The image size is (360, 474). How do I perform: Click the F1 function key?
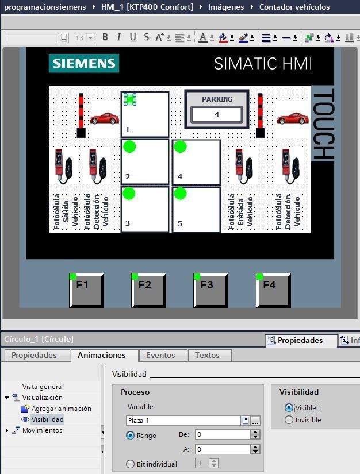click(x=86, y=290)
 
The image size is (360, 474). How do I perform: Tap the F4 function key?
click(x=273, y=290)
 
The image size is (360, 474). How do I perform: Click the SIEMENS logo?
click(x=84, y=63)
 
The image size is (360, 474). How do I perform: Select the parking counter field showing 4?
click(x=217, y=114)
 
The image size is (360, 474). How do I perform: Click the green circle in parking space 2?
click(x=129, y=147)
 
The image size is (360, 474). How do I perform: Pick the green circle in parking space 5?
click(x=181, y=194)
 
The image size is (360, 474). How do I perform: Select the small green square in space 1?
click(x=130, y=99)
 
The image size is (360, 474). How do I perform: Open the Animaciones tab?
click(x=101, y=355)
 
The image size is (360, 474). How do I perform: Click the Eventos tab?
click(x=160, y=355)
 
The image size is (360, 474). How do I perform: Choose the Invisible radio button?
click(x=289, y=420)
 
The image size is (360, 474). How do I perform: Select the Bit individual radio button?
click(x=130, y=464)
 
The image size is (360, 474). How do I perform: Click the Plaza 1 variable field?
click(x=183, y=421)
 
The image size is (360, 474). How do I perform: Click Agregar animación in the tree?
click(x=61, y=409)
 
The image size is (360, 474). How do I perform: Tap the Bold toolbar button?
click(x=105, y=37)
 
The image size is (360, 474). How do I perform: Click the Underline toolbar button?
click(x=132, y=37)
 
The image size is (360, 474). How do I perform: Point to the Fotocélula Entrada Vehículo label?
click(x=240, y=211)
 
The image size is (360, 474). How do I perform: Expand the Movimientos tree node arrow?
click(x=7, y=430)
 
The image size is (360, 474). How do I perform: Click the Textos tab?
click(x=207, y=355)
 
